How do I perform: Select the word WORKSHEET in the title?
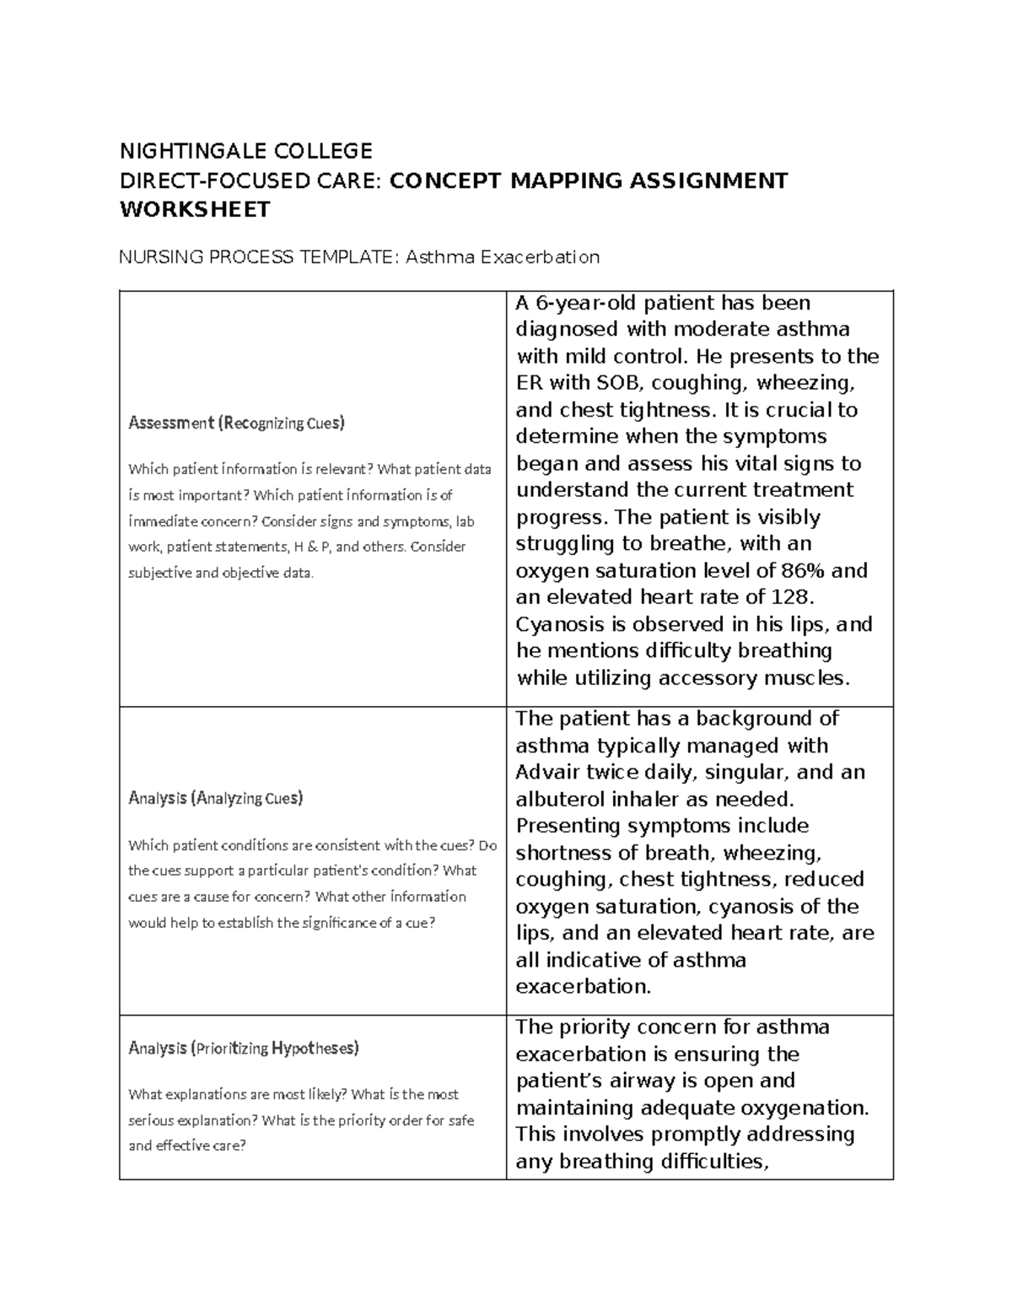click(x=195, y=210)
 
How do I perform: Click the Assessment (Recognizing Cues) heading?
click(x=236, y=423)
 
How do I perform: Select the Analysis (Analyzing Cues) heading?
click(x=215, y=798)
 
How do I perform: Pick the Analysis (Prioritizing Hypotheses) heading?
click(x=243, y=1049)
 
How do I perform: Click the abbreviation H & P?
click(x=310, y=547)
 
